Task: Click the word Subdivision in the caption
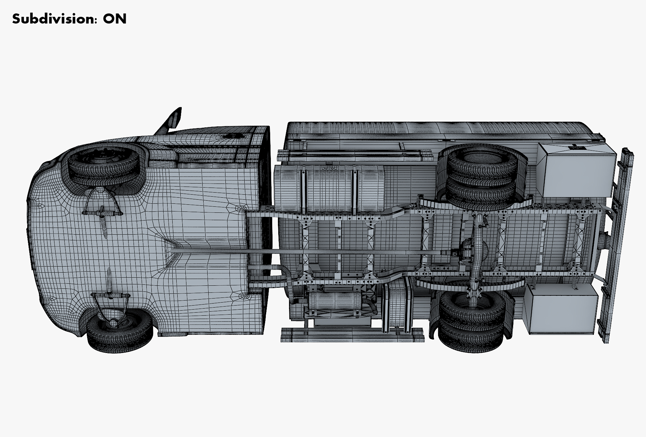coord(53,19)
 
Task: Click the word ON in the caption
coord(115,19)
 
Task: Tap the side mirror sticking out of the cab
coord(172,121)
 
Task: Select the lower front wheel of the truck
coord(120,330)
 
